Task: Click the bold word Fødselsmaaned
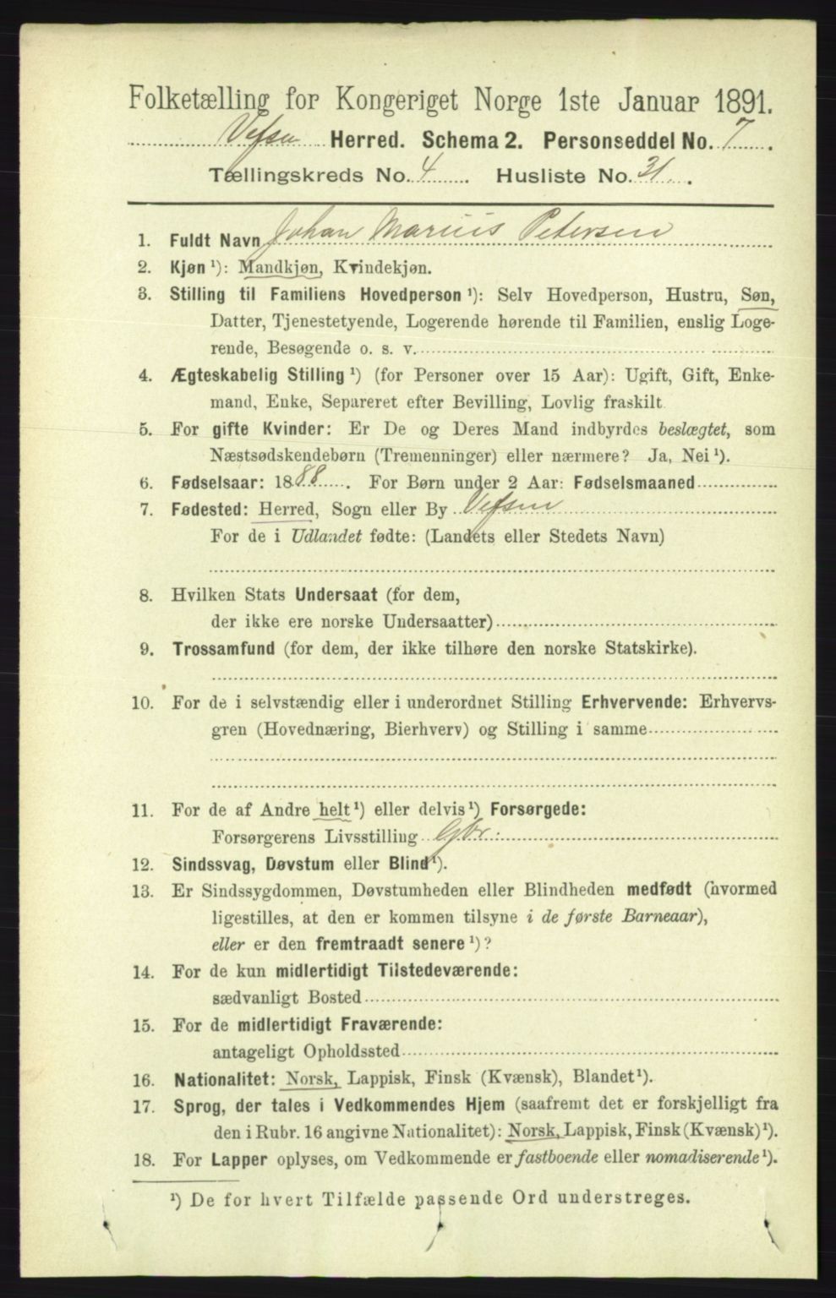pyautogui.click(x=638, y=484)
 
